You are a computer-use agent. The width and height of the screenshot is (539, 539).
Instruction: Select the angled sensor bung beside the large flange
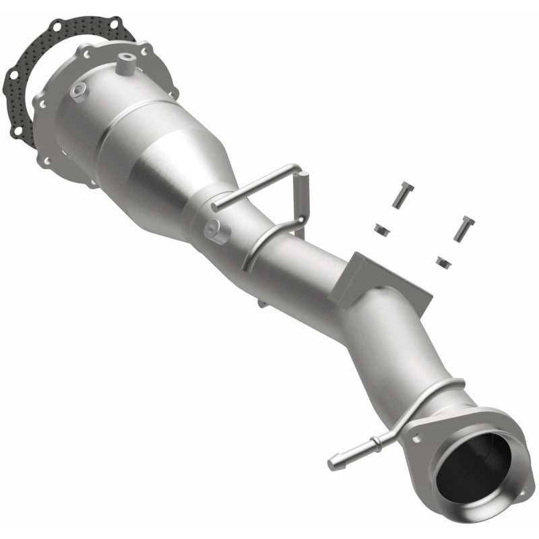point(79,92)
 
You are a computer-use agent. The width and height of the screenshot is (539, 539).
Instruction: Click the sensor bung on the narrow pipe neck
point(218,230)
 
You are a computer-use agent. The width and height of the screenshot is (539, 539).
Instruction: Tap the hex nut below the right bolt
point(443,260)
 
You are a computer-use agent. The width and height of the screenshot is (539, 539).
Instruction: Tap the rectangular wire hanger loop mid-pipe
point(269,202)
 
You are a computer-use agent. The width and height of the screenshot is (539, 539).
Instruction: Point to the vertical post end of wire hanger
point(304,195)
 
